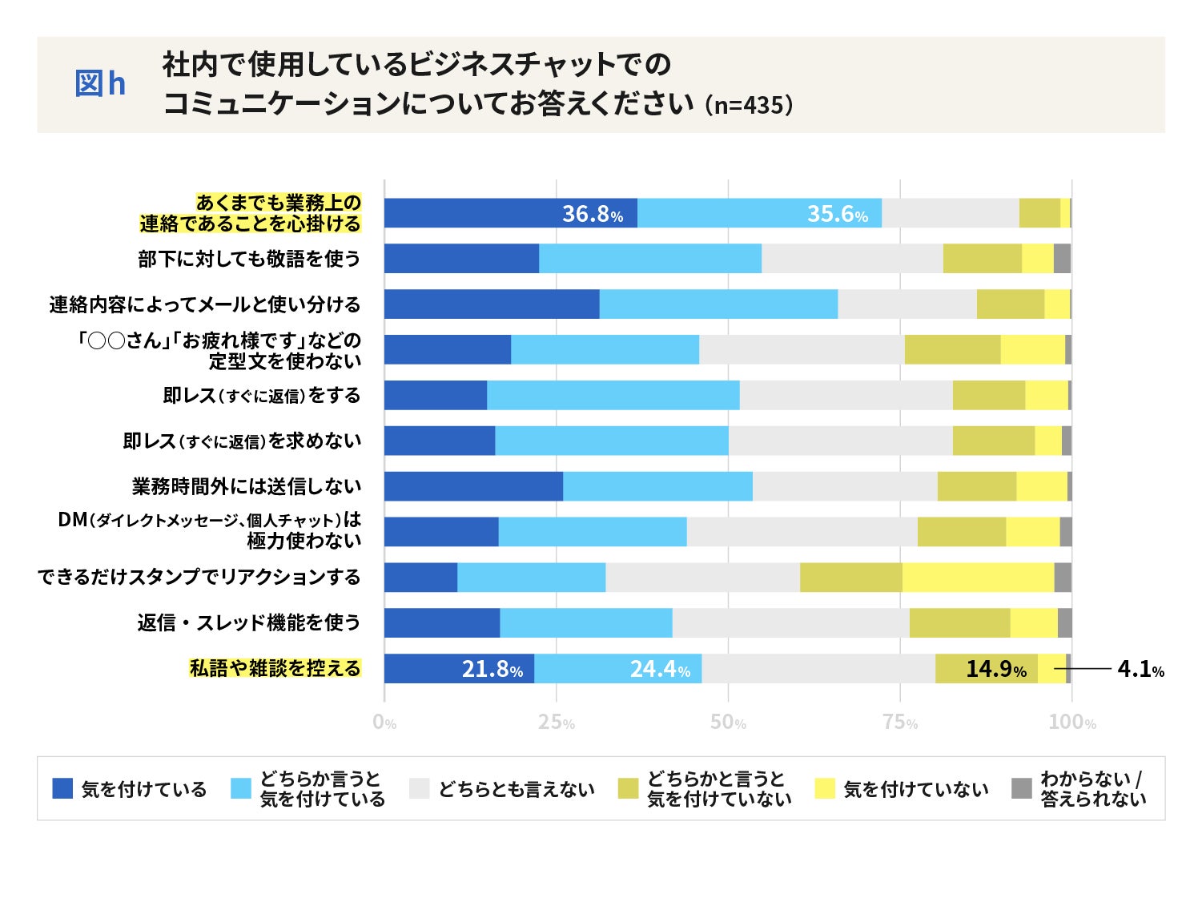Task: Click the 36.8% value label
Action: coord(592,214)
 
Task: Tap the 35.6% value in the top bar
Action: coord(837,214)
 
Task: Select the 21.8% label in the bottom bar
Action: coord(492,669)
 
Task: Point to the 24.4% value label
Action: coord(660,669)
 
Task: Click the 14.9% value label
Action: coord(995,669)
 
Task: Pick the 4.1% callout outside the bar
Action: coord(1140,669)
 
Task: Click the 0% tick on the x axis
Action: coord(384,723)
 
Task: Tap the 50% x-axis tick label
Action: coord(728,723)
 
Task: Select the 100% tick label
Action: coord(1071,723)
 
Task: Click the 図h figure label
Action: coord(100,84)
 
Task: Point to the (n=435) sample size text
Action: coord(749,105)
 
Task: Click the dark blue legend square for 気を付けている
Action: coord(62,788)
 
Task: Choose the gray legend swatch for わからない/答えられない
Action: coord(1022,788)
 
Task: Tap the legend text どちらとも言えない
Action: coord(517,790)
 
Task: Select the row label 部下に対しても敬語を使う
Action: coord(249,259)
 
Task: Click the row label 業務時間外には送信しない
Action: coord(247,486)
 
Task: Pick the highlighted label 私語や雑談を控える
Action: coord(275,669)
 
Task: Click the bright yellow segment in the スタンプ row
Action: coord(978,578)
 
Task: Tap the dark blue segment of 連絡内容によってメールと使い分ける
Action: coord(492,304)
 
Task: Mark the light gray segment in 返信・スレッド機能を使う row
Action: coord(790,623)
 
